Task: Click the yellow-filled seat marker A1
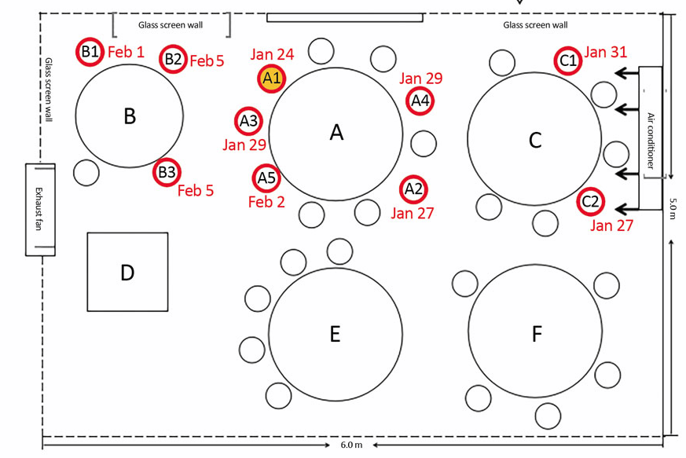pyautogui.click(x=272, y=79)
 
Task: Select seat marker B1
pyautogui.click(x=90, y=52)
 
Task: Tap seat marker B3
pyautogui.click(x=167, y=172)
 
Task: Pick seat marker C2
pyautogui.click(x=591, y=202)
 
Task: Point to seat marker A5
pyautogui.click(x=266, y=178)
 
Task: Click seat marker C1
pyautogui.click(x=568, y=60)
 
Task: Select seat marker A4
pyautogui.click(x=420, y=101)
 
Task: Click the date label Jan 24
pyautogui.click(x=272, y=54)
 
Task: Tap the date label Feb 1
pyautogui.click(x=126, y=52)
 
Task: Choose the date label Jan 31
pyautogui.click(x=606, y=52)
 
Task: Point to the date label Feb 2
pyautogui.click(x=266, y=202)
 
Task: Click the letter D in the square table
pyautogui.click(x=127, y=273)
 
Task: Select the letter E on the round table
pyautogui.click(x=335, y=334)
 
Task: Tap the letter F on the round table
pyautogui.click(x=537, y=334)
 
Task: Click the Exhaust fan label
pyautogui.click(x=39, y=209)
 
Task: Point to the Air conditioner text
pyautogui.click(x=651, y=141)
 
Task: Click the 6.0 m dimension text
pyautogui.click(x=352, y=445)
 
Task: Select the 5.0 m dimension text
pyautogui.click(x=673, y=208)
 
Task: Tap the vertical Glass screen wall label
pyautogui.click(x=49, y=90)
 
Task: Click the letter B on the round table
pyautogui.click(x=130, y=116)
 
